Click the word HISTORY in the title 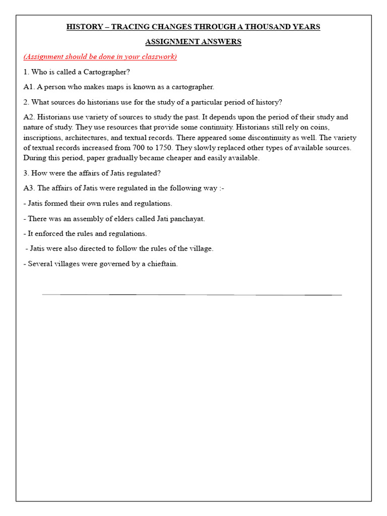85,27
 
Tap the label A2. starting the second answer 29,117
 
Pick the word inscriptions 43,137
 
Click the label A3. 29,188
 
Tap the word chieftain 162,264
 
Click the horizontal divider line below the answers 191,294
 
